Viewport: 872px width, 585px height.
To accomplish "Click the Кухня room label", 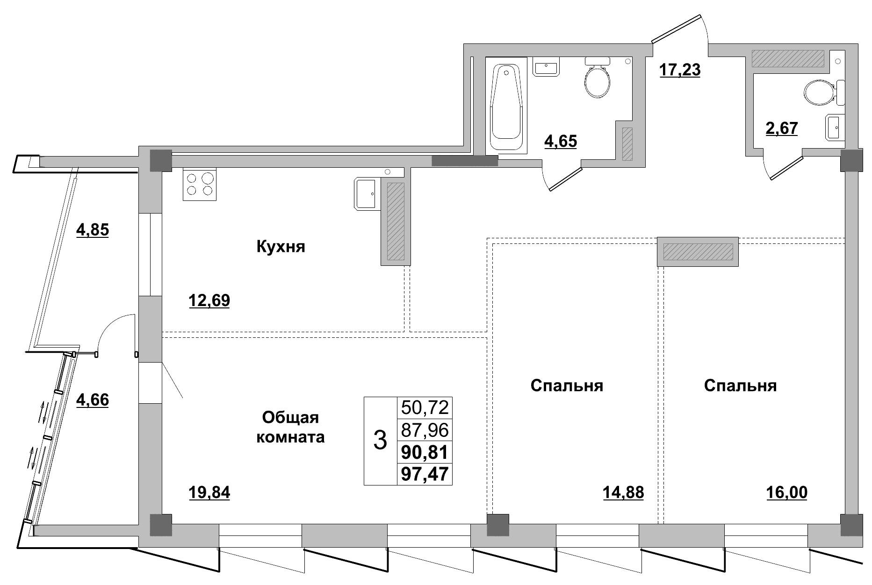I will (x=281, y=246).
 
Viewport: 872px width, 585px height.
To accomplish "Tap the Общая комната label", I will (x=290, y=428).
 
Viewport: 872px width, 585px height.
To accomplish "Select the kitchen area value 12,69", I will (x=209, y=300).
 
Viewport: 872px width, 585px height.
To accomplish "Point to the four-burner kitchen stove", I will (x=199, y=184).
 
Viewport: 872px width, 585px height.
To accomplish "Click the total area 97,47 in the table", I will (x=425, y=475).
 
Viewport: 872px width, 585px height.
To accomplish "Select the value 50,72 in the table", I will (x=425, y=407).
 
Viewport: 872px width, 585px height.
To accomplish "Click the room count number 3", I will (x=380, y=441).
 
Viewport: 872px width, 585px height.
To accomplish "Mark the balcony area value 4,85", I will (x=93, y=230).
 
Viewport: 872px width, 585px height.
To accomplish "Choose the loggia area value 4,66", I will (x=93, y=400).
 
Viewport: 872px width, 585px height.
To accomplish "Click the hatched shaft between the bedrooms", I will (x=698, y=252).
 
